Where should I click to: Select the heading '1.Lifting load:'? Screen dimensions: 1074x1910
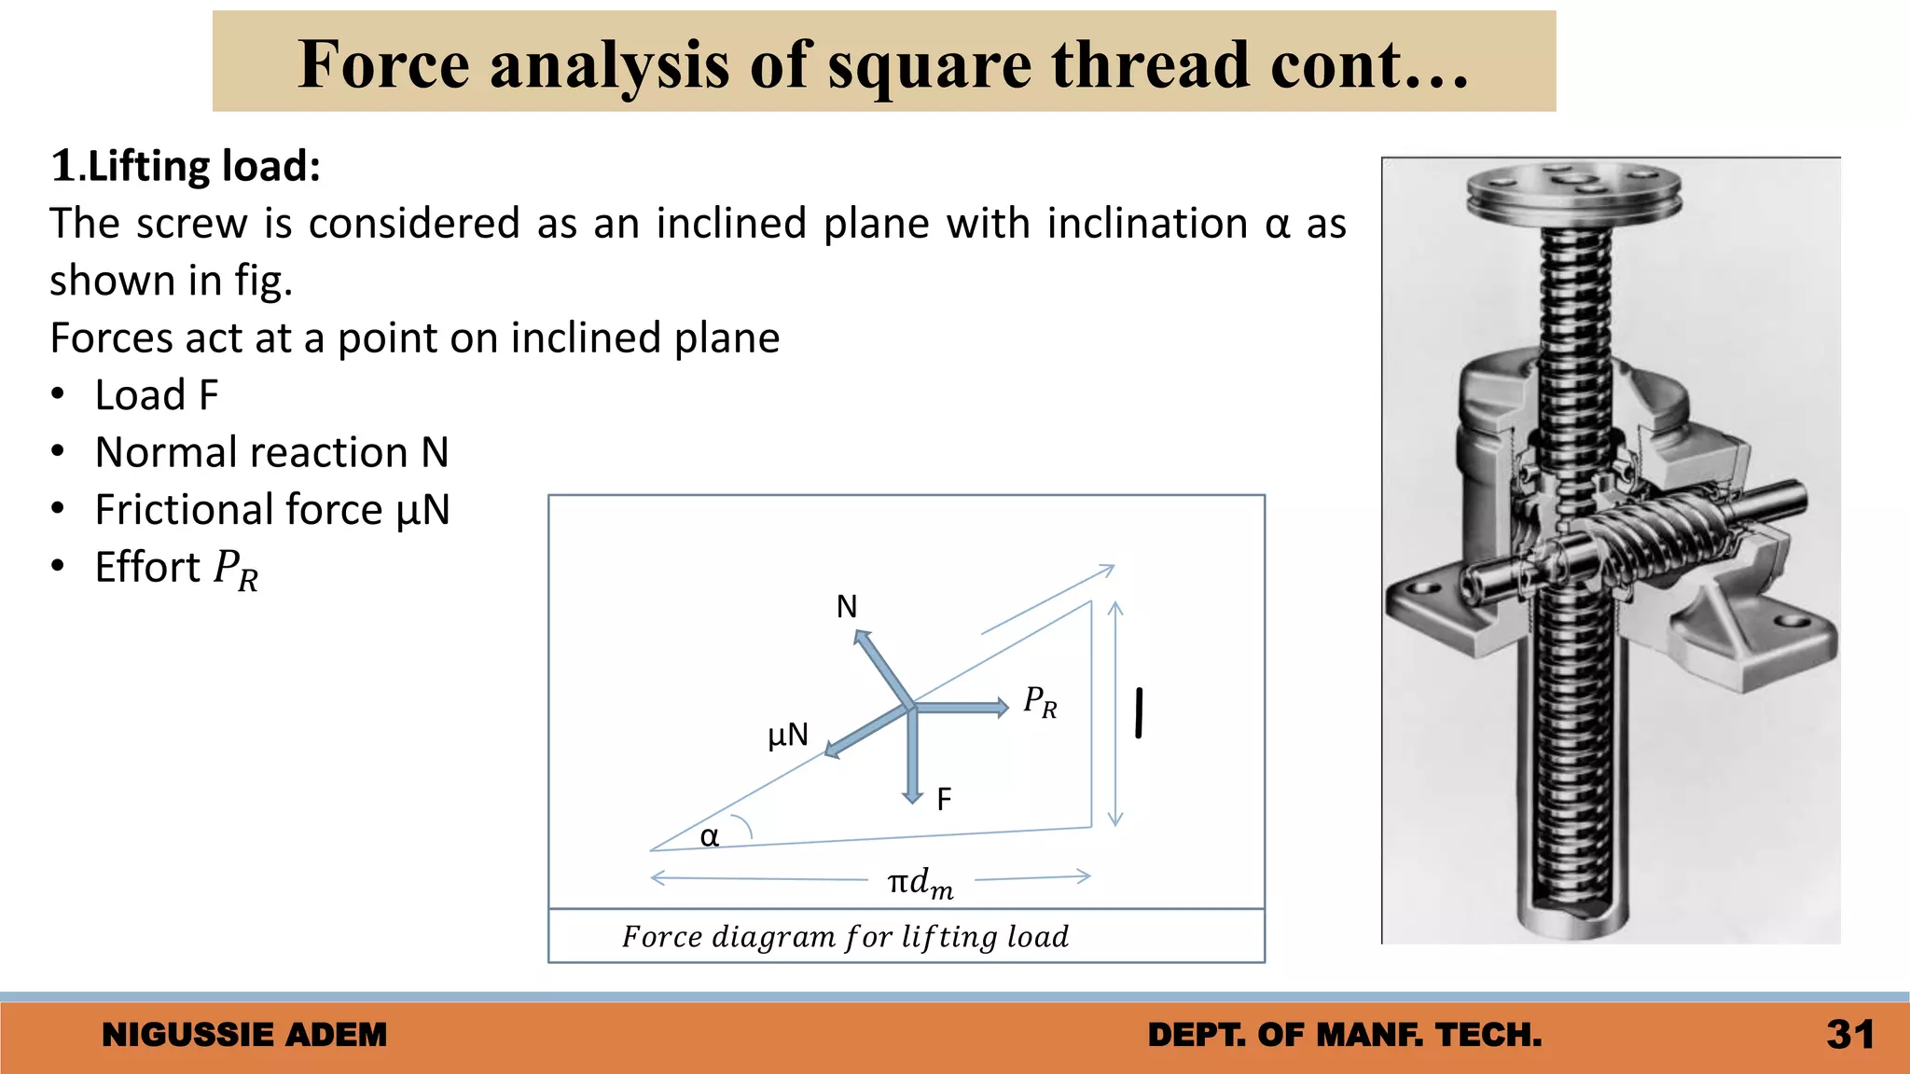pyautogui.click(x=186, y=166)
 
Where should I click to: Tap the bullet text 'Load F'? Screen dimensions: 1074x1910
pyautogui.click(x=157, y=395)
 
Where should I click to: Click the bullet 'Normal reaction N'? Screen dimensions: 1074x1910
pyautogui.click(x=271, y=453)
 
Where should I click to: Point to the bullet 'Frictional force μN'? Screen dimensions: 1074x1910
pyautogui.click(x=272, y=510)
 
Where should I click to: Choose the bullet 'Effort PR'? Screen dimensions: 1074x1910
pyautogui.click(x=176, y=568)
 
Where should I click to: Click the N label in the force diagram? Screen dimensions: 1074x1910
pyautogui.click(x=846, y=607)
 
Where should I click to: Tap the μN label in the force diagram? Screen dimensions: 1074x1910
pyautogui.click(x=788, y=736)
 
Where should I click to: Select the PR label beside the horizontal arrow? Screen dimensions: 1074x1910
pyautogui.click(x=1040, y=702)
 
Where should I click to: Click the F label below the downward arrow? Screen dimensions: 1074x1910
pyautogui.click(x=944, y=799)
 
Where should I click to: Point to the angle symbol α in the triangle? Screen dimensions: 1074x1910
pyautogui.click(x=710, y=836)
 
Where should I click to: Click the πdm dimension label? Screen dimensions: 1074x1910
pyautogui.click(x=920, y=882)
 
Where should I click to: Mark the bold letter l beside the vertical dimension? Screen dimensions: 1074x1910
pyautogui.click(x=1139, y=713)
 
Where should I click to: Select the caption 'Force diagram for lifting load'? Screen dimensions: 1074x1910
pyautogui.click(x=845, y=936)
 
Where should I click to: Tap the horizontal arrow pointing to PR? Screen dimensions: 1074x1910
pyautogui.click(x=961, y=708)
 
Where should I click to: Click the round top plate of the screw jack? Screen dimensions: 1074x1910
pyautogui.click(x=1573, y=186)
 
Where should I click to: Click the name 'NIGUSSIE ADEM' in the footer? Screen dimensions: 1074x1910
pyautogui.click(x=244, y=1035)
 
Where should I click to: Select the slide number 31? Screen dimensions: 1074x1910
pyautogui.click(x=1850, y=1035)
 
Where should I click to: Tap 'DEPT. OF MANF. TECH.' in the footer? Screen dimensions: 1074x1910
pyautogui.click(x=1345, y=1035)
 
